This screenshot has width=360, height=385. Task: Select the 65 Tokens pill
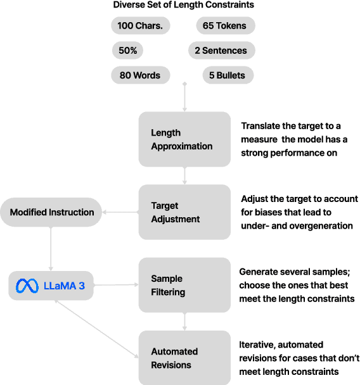(x=225, y=25)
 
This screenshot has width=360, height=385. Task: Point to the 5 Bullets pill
(x=228, y=75)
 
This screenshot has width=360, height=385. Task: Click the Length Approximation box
(x=184, y=139)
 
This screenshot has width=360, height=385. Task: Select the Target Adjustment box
(x=184, y=212)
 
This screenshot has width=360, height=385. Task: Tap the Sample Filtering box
(x=184, y=285)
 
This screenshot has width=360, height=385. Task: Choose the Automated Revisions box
(x=184, y=358)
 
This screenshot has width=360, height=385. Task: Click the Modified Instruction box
(x=52, y=212)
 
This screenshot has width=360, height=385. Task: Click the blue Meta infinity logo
(x=28, y=286)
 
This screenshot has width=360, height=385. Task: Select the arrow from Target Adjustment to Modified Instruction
(x=121, y=212)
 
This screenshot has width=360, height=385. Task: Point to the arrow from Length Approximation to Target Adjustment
(x=184, y=175)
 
